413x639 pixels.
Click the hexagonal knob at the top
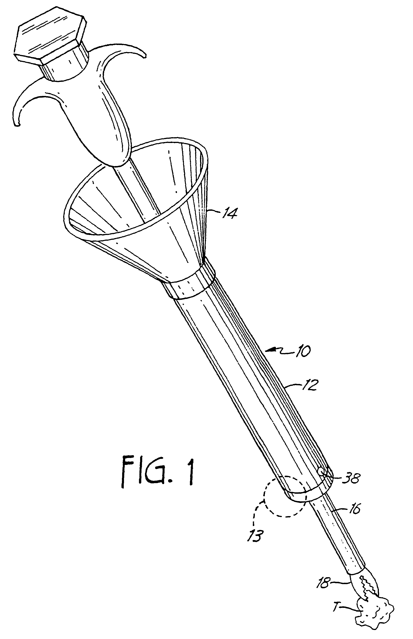tap(50, 38)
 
